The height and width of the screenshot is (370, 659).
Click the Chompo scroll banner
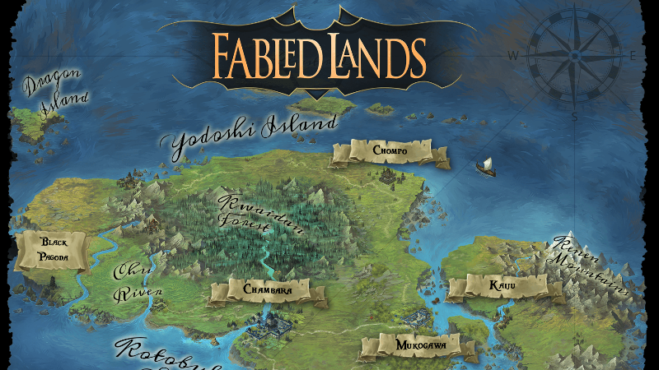pos(390,151)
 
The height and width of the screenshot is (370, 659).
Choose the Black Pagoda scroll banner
pos(51,250)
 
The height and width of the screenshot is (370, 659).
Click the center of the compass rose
pos(575,55)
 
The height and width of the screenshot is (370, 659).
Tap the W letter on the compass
pos(512,56)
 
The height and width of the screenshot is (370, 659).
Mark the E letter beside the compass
pos(633,56)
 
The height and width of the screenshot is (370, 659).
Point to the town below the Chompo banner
pos(388,174)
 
